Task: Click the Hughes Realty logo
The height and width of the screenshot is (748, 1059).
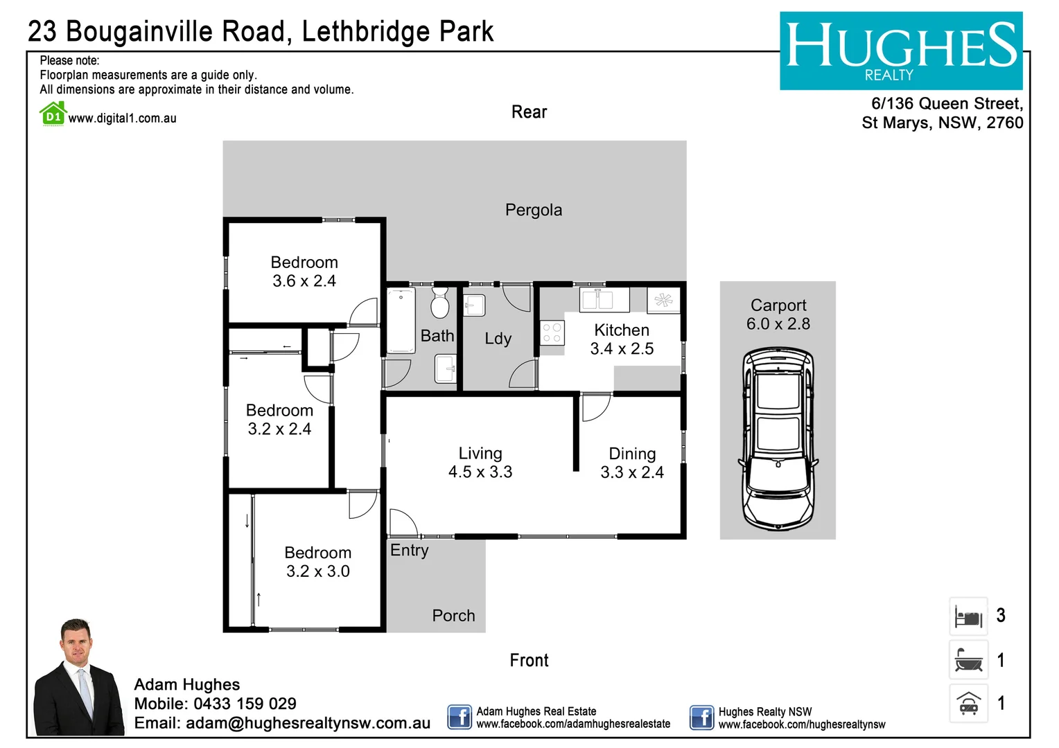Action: click(900, 51)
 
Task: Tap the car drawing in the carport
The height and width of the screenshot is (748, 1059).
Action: click(778, 439)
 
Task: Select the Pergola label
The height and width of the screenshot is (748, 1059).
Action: click(533, 210)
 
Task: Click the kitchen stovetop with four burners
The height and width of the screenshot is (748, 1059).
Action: click(552, 332)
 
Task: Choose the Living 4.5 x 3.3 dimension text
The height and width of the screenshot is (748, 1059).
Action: click(480, 472)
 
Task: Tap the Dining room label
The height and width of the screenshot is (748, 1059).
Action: click(632, 454)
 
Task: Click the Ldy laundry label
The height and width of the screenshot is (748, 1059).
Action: click(498, 339)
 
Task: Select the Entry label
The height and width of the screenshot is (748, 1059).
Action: click(409, 551)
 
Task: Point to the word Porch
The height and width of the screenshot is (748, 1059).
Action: click(453, 616)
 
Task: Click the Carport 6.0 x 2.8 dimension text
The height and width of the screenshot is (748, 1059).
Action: click(778, 324)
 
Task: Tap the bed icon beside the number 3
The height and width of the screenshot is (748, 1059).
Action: click(968, 616)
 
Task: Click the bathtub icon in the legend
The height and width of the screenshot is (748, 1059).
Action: click(968, 660)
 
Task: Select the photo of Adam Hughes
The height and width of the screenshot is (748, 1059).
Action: click(78, 679)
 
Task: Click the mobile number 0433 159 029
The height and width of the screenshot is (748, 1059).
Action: click(245, 704)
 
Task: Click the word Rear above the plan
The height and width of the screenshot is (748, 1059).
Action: click(529, 112)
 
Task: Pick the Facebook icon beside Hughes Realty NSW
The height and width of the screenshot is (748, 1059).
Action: click(701, 718)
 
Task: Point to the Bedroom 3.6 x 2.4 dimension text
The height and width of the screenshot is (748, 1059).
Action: click(304, 281)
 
